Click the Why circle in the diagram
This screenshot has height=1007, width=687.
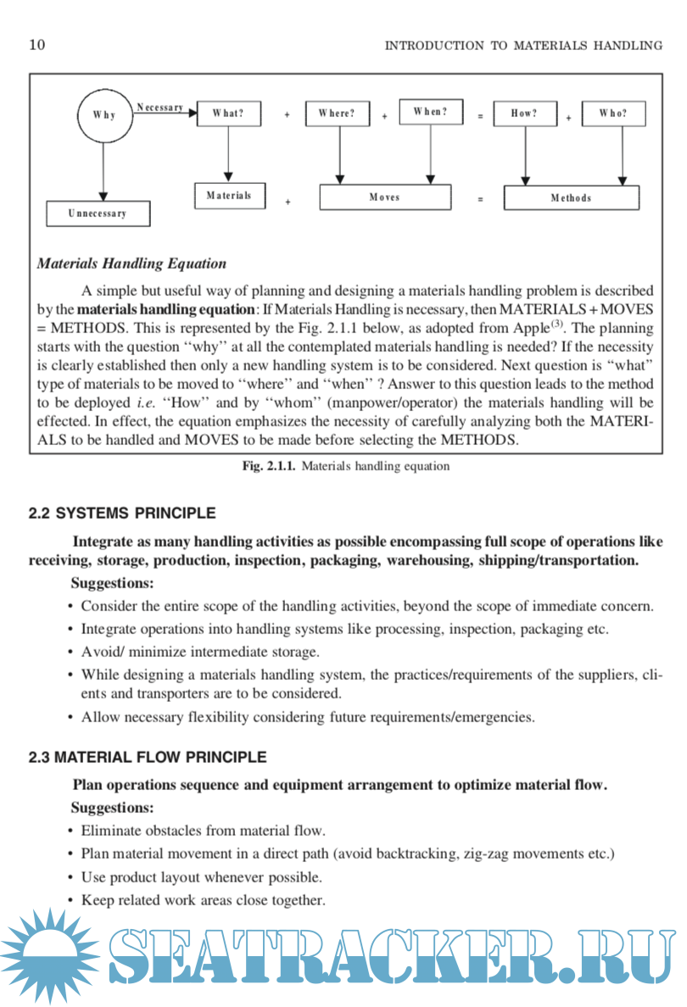(x=104, y=115)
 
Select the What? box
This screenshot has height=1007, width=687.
(x=228, y=114)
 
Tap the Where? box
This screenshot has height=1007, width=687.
(x=338, y=114)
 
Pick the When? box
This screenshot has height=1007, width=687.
(x=431, y=112)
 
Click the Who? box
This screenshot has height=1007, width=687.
(x=613, y=114)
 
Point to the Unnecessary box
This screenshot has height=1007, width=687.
(x=98, y=214)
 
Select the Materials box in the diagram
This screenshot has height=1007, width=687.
(x=229, y=196)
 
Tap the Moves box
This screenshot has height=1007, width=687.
(x=385, y=198)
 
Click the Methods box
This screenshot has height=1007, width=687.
(x=572, y=198)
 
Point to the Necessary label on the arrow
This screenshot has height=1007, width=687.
(x=160, y=108)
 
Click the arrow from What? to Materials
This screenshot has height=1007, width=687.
(x=229, y=153)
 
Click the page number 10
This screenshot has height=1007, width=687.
(x=37, y=45)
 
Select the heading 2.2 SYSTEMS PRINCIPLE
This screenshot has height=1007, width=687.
(x=122, y=513)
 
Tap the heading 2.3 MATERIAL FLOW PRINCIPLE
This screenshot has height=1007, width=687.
(x=148, y=757)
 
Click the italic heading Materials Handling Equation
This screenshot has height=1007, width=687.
(x=131, y=264)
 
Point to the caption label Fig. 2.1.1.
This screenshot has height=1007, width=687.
(x=269, y=466)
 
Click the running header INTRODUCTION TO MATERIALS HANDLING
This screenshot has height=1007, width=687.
(x=523, y=46)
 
